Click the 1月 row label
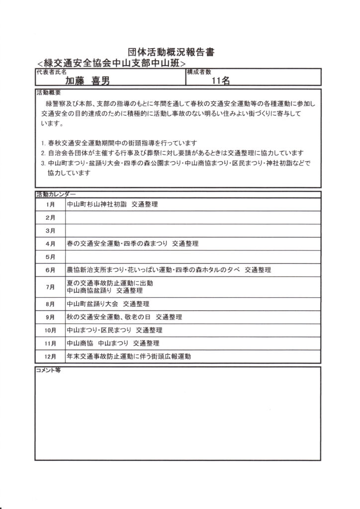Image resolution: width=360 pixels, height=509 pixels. [x=50, y=205]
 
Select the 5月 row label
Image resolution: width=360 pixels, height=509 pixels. [x=50, y=257]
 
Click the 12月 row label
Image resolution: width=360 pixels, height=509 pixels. [x=50, y=357]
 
